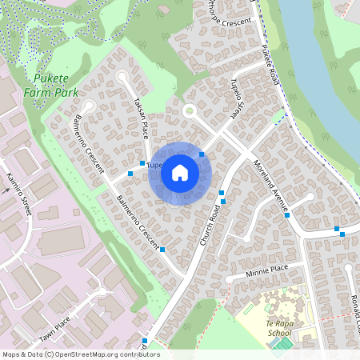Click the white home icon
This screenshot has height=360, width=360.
pyautogui.click(x=180, y=173)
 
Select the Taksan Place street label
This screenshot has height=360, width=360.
pyautogui.click(x=142, y=118)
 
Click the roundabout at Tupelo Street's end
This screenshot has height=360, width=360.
pyautogui.click(x=190, y=111)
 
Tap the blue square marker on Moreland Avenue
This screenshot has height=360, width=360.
pyautogui.click(x=286, y=215)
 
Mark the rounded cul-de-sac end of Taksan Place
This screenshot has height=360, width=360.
pyautogui.click(x=122, y=77)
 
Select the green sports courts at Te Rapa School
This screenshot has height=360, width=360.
pyautogui.click(x=282, y=343)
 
